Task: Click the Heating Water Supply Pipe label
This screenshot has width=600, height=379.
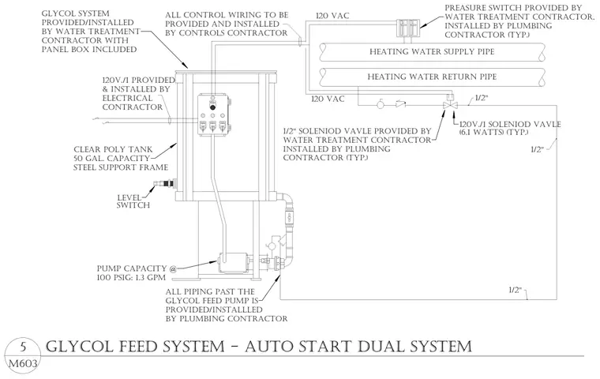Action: pyautogui.click(x=432, y=51)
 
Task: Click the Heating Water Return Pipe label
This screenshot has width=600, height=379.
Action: pyautogui.click(x=432, y=77)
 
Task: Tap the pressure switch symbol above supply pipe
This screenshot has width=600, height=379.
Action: pyautogui.click(x=407, y=27)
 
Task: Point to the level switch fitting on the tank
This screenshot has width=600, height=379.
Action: pyautogui.click(x=164, y=185)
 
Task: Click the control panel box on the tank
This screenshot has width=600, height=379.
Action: pyautogui.click(x=214, y=114)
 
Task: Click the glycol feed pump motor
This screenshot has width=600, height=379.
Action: pyautogui.click(x=234, y=262)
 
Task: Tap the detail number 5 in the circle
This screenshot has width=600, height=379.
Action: pyautogui.click(x=23, y=347)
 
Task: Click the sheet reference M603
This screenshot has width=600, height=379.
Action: pyautogui.click(x=23, y=363)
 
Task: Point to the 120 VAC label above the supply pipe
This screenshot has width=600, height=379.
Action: pyautogui.click(x=332, y=16)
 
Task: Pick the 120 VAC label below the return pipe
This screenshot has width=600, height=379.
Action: pyautogui.click(x=328, y=99)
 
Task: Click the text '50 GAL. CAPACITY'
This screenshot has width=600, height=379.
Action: pyautogui.click(x=111, y=158)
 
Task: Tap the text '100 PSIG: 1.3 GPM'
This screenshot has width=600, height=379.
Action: pyautogui.click(x=131, y=277)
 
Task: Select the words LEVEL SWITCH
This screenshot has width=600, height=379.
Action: pyautogui.click(x=133, y=201)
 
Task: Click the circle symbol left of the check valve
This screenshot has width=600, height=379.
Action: pyautogui.click(x=381, y=104)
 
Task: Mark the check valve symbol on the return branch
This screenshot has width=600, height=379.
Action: pyautogui.click(x=400, y=103)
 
